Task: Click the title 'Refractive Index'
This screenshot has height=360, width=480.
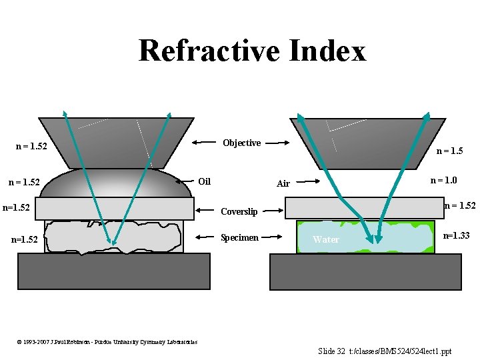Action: click(x=252, y=51)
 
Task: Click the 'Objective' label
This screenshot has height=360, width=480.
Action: click(x=241, y=143)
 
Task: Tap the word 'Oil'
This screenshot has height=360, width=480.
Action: click(x=205, y=181)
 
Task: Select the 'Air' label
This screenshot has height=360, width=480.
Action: click(x=283, y=183)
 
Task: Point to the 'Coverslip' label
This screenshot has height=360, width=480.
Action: click(x=239, y=211)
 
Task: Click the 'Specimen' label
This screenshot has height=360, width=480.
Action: click(x=239, y=237)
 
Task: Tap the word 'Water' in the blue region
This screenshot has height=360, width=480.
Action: click(x=326, y=239)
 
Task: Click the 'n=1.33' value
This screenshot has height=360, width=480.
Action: click(x=457, y=235)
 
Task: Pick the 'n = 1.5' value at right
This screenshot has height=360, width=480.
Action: click(x=449, y=151)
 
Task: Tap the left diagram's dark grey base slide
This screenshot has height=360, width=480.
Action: click(x=113, y=271)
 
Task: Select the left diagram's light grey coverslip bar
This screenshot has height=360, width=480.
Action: click(x=113, y=208)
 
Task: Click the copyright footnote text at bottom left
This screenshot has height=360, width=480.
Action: click(x=107, y=342)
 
